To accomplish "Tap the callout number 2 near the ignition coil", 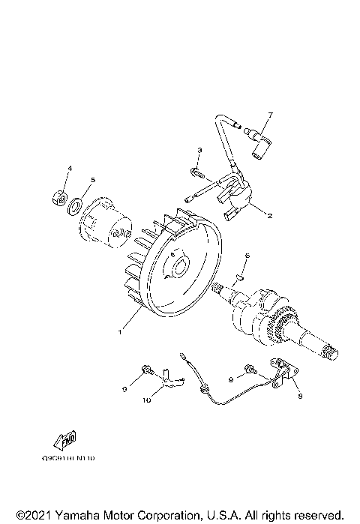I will (x=269, y=214).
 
